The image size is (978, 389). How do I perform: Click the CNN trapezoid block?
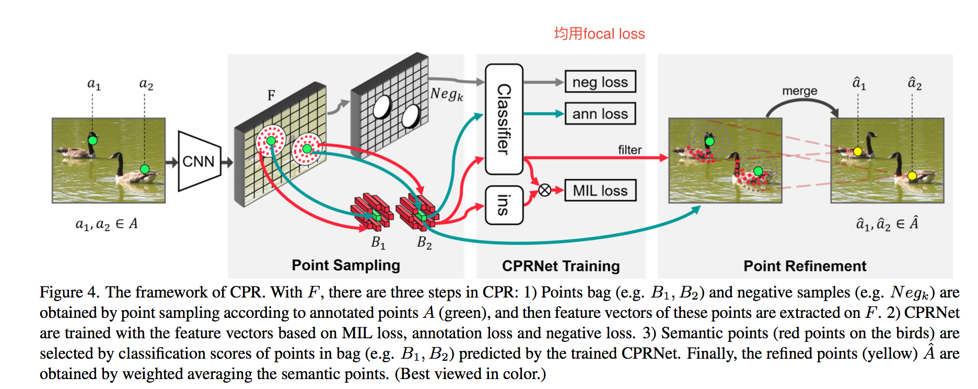click(199, 161)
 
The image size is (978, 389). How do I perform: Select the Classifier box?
click(504, 119)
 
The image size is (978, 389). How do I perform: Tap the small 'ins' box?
click(504, 205)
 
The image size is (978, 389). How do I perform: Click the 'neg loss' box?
click(600, 82)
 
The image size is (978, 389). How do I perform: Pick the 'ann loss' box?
click(600, 114)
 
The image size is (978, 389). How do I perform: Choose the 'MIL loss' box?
click(600, 190)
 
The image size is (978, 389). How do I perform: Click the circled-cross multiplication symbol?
click(544, 190)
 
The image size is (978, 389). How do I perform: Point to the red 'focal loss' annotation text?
click(599, 34)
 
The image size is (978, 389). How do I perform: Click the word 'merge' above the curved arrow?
click(799, 91)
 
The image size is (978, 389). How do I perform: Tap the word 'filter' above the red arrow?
click(630, 150)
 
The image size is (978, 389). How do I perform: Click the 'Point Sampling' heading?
click(346, 265)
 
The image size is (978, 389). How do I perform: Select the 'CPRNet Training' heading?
click(561, 266)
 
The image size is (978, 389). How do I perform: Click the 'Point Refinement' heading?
click(805, 266)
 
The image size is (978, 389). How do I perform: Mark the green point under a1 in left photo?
click(92, 140)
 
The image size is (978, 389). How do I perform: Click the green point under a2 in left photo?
click(145, 169)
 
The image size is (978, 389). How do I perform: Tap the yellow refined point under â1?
click(857, 152)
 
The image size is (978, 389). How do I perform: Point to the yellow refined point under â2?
click(912, 176)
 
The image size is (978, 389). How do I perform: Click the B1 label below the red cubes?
click(378, 243)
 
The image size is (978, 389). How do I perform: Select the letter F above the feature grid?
click(271, 95)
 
